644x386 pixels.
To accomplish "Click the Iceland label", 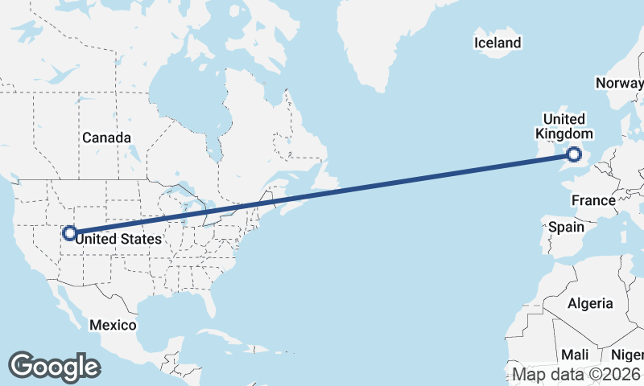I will point(497,43).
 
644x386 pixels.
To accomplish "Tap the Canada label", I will point(106,138).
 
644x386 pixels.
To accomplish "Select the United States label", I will point(123,239).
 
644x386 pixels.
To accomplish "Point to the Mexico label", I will point(113,325).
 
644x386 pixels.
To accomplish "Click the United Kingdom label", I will point(564,126).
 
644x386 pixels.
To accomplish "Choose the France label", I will point(593,199).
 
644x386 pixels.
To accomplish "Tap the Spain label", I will point(566,227).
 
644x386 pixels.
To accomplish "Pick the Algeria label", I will point(591,304).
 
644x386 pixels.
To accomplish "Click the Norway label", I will point(619,83).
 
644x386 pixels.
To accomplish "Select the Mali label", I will point(575,355).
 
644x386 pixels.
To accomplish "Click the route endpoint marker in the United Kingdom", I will point(575,155).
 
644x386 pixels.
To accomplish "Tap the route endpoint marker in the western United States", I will point(70,233).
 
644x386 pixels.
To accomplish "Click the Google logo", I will point(54,366).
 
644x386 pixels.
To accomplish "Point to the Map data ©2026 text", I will point(576,375).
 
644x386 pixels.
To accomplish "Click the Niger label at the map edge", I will point(629,355).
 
